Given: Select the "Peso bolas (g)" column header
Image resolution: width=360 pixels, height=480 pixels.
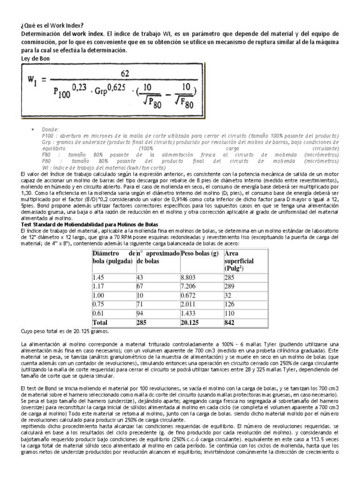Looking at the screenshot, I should (200, 254).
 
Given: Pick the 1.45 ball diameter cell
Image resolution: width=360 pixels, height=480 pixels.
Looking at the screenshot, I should (100, 277).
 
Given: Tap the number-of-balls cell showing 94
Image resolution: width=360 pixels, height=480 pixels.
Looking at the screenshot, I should (140, 313).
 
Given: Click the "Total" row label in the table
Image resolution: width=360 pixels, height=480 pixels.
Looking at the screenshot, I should (100, 322).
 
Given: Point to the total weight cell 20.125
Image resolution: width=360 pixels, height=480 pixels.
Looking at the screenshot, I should (191, 322).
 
